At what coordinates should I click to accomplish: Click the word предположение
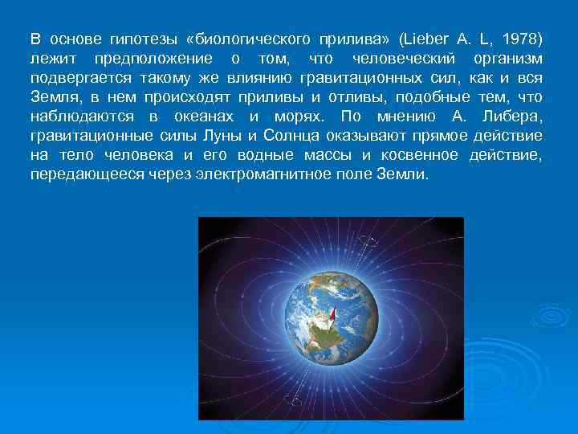153,59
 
